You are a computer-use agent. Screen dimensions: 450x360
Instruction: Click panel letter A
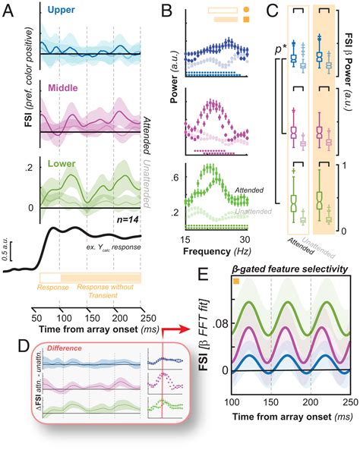coord(10,8)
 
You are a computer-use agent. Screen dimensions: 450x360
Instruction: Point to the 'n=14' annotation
coord(121,217)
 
